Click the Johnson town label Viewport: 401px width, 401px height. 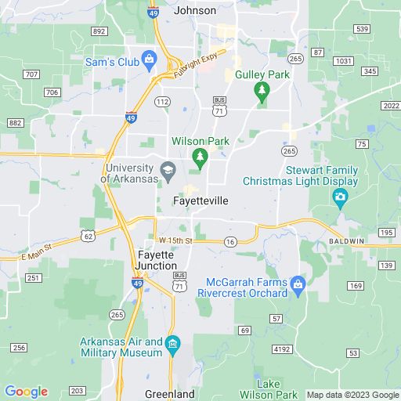click(193, 11)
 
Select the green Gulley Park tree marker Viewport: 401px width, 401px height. click(262, 92)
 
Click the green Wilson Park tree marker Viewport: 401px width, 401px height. click(200, 157)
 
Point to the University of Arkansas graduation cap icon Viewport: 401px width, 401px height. click(168, 169)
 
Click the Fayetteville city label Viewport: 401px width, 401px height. click(200, 201)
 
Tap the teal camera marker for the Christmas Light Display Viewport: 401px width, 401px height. click(340, 197)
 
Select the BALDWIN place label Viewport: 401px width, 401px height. click(346, 240)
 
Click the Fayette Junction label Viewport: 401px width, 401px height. click(161, 261)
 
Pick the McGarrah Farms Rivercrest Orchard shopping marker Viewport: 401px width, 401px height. click(298, 283)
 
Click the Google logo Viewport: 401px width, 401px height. click(26, 392)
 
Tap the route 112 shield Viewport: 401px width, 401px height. click(162, 103)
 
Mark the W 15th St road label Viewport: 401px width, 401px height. click(174, 240)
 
